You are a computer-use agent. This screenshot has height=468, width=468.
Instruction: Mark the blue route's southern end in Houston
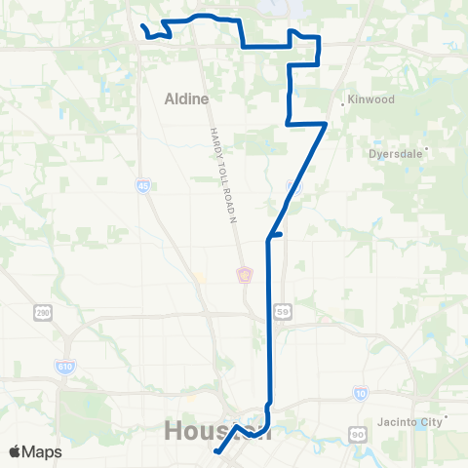[214, 451]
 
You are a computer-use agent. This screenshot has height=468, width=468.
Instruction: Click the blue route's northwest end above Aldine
[142, 26]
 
